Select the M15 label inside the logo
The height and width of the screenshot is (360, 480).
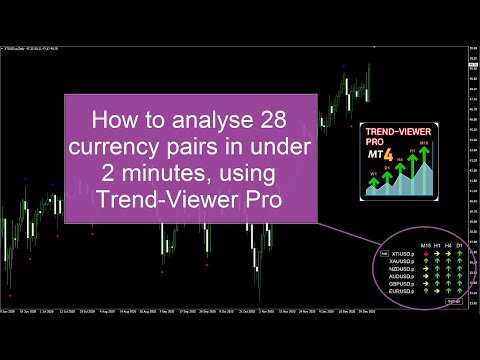(424, 144)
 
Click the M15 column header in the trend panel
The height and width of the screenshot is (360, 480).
(426, 247)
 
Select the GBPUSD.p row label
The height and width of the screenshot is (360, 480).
(402, 284)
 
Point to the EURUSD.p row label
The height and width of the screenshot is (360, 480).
(402, 292)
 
